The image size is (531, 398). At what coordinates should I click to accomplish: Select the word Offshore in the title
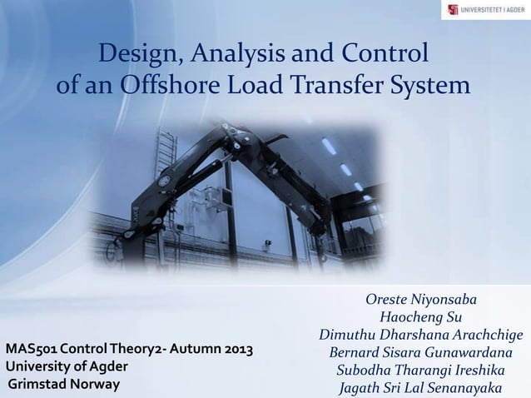pyautogui.click(x=164, y=86)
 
